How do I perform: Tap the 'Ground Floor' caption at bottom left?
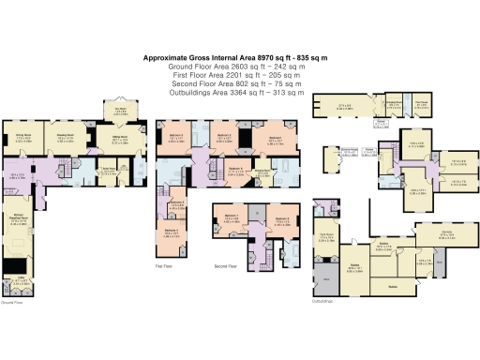11,302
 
